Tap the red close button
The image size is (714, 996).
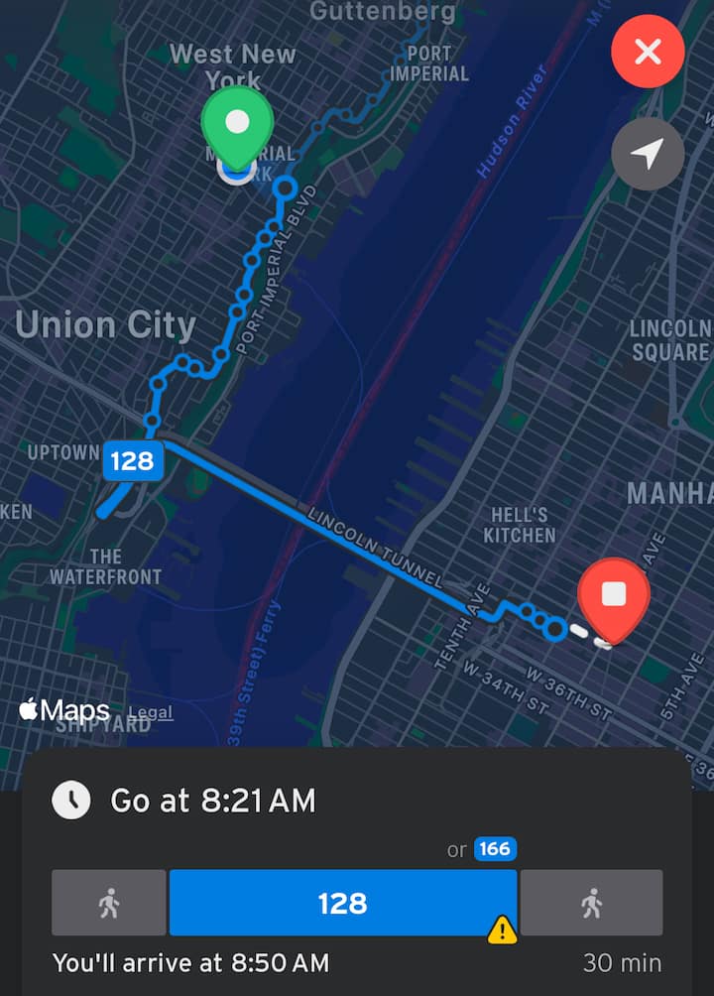(648, 52)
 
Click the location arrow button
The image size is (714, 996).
(648, 154)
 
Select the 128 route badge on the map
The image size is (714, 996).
(132, 461)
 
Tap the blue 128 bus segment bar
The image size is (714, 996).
(342, 903)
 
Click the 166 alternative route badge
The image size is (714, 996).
(495, 849)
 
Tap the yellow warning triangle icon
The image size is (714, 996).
(503, 930)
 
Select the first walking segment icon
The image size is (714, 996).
(109, 903)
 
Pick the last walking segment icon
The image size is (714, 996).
(591, 903)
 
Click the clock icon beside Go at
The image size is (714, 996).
(71, 800)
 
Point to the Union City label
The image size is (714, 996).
(105, 325)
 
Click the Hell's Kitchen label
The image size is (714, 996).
(519, 525)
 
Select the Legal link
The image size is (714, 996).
(150, 712)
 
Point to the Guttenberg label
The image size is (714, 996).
(383, 12)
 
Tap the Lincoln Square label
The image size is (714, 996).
(670, 340)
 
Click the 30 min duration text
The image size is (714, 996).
(623, 963)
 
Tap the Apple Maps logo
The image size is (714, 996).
(64, 710)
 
